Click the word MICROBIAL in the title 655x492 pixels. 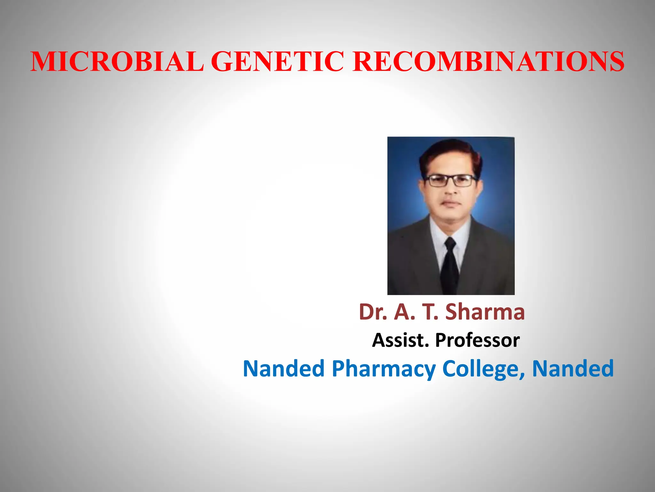pos(117,61)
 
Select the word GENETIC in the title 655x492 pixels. pos(278,61)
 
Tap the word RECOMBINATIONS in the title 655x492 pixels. pos(488,61)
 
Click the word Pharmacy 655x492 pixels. pos(384,369)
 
